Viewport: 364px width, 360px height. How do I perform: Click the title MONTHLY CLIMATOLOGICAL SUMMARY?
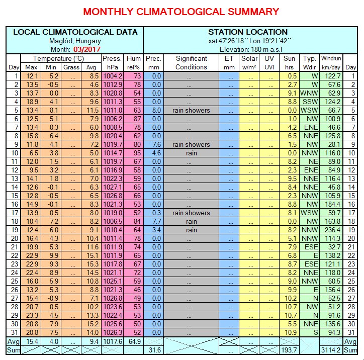coord(181,11)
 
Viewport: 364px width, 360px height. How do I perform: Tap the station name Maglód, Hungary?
coord(75,41)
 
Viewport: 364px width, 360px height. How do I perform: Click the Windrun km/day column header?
coord(331,62)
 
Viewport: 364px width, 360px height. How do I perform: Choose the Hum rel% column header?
coord(134,62)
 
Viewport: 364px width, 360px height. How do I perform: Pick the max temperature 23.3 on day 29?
coord(32,315)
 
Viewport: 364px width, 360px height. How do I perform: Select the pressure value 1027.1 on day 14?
coord(112,187)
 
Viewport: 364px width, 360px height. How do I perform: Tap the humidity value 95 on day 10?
coord(137,153)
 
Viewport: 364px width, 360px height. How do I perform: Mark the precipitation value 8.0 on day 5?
coord(156,110)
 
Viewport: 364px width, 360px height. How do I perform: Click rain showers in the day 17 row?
coord(191,213)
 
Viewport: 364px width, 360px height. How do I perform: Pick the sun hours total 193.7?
coord(289,350)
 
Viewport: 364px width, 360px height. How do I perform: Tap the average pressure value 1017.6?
coord(112,341)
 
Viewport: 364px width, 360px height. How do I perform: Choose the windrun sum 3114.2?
coord(331,350)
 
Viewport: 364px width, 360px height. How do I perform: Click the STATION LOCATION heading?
coord(248,32)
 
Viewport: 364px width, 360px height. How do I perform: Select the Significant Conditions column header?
coord(191,62)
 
